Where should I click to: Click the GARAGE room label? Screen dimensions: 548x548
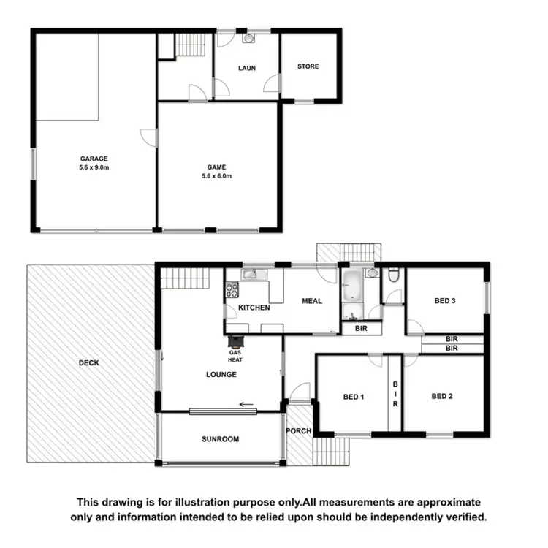coord(94,159)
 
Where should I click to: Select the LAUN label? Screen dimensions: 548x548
coord(246,68)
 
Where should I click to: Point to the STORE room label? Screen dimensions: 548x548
coord(308,66)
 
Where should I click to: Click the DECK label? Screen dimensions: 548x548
coord(90,361)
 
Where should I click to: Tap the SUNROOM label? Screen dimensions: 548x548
coord(221,439)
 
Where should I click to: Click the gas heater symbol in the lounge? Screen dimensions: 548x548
coord(236,340)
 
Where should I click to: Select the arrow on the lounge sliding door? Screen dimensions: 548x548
coord(247,403)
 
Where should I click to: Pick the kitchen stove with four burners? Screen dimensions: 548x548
coord(232,289)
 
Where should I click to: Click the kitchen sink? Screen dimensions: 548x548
coord(248,275)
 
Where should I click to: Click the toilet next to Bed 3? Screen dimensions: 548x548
coord(393,276)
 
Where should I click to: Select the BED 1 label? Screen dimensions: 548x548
coord(353,397)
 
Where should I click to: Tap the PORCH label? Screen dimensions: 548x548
coord(298,431)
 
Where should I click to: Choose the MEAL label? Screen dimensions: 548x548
coord(312,301)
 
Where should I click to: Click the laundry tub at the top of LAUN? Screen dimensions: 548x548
coord(248,37)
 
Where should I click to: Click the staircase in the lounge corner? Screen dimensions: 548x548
coord(185,278)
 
